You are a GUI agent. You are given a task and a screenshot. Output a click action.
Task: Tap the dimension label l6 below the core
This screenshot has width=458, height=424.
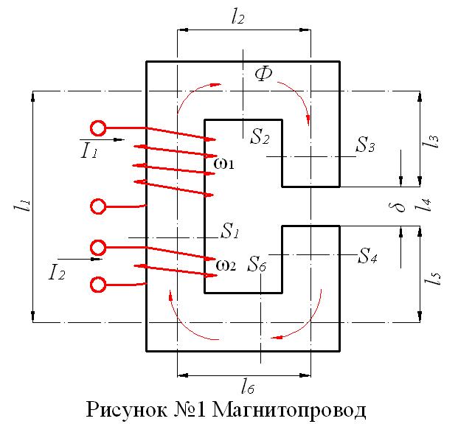[x=248, y=387]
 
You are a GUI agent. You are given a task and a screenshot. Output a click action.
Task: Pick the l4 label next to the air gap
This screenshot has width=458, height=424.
[x=423, y=204]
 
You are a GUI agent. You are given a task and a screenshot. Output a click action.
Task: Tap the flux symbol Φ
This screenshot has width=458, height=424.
[x=263, y=74]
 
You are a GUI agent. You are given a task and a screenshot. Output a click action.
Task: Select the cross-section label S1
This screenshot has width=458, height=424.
[x=230, y=231]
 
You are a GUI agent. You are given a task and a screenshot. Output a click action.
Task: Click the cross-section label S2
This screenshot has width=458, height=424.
[x=260, y=136]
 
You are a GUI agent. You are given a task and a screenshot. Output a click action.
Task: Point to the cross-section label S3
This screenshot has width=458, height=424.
[x=365, y=145]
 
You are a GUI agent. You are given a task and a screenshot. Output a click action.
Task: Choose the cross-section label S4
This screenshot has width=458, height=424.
[x=368, y=256]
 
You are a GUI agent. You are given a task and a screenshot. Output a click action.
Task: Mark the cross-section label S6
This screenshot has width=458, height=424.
[x=257, y=264]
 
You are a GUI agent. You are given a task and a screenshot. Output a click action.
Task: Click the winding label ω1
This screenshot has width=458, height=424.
[x=223, y=164]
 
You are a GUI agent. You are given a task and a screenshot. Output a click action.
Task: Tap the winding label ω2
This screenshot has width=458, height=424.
[x=226, y=265]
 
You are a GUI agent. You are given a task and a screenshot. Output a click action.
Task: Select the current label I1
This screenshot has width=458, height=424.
[x=89, y=151]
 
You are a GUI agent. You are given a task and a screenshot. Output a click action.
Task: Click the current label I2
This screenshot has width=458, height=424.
[x=57, y=273]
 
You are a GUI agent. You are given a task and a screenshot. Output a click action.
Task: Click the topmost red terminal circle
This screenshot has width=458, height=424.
[x=98, y=128]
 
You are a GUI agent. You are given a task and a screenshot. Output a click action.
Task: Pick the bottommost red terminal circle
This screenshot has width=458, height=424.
[x=98, y=285]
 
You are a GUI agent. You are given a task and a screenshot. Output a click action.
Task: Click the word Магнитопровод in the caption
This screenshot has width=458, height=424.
[x=289, y=411]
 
